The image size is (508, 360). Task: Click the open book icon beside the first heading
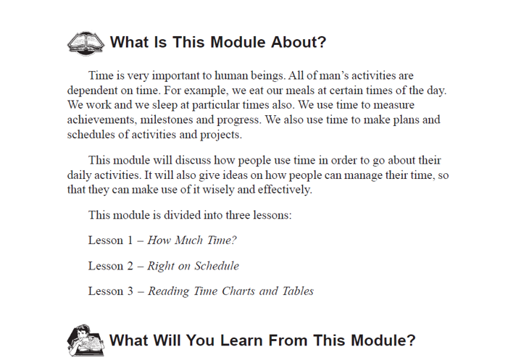tap(86, 43)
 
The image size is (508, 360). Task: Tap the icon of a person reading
tap(86, 340)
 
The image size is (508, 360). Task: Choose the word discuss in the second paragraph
tap(193, 160)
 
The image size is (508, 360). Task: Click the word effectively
tap(285, 190)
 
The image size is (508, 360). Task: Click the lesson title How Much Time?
tap(192, 240)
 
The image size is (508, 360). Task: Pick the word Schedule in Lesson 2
tap(217, 266)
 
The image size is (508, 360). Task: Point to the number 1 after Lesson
tap(130, 240)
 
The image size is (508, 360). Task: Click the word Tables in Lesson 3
tap(298, 291)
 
